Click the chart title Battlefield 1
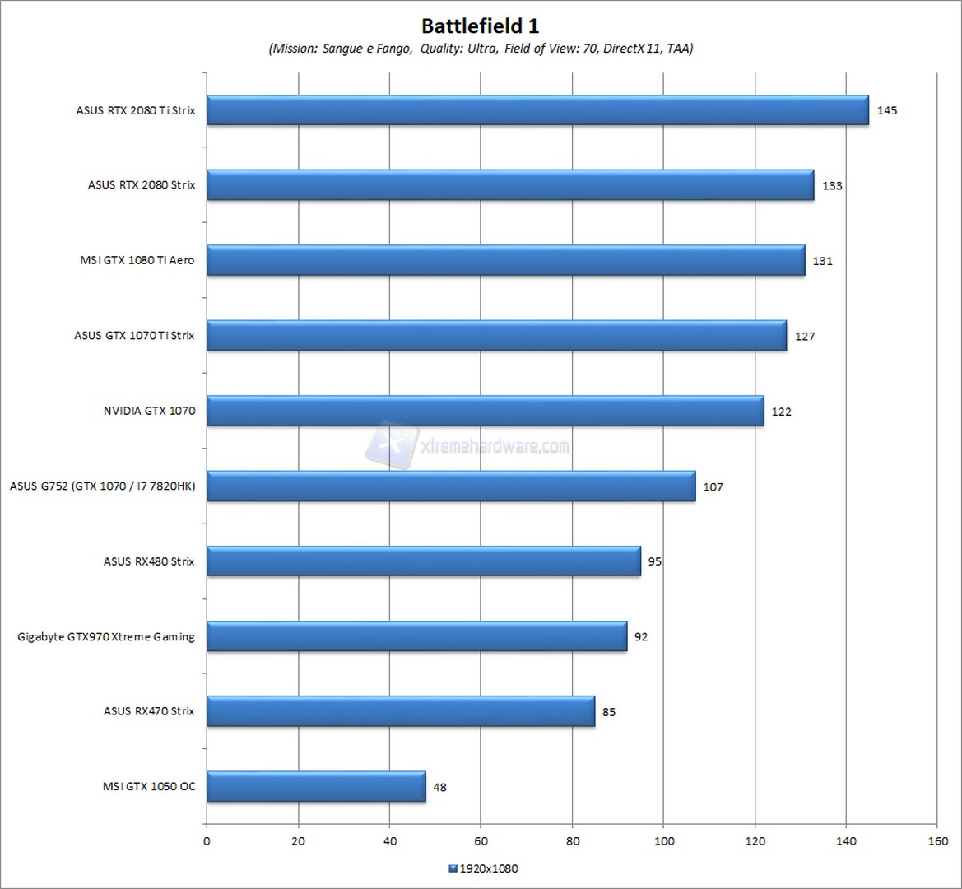pos(481,25)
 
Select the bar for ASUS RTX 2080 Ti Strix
pos(537,110)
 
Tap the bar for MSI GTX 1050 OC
pos(316,786)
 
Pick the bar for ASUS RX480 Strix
pos(423,561)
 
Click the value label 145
pos(886,110)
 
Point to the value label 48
pos(439,787)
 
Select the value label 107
pos(713,486)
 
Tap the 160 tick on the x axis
pos(936,840)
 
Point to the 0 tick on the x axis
pos(207,840)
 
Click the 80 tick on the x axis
pos(572,840)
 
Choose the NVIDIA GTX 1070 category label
pos(149,411)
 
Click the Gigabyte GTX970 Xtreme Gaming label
pos(106,636)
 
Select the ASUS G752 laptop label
pos(103,486)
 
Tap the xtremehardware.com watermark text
pos(494,446)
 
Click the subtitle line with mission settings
pos(481,49)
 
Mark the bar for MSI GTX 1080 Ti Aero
pos(505,261)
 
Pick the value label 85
pos(609,712)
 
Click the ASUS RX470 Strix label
pos(149,711)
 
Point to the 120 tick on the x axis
pos(755,840)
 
